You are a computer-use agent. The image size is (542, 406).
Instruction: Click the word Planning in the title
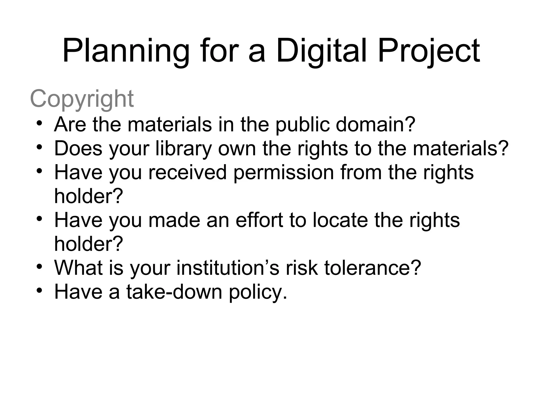point(126,52)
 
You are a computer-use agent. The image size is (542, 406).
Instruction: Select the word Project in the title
point(429,52)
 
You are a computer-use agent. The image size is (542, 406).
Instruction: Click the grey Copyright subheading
point(82,99)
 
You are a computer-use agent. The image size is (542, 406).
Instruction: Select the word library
point(184,149)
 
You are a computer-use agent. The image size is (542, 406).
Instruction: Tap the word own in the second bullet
point(237,149)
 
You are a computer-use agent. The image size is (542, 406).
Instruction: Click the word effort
point(259,220)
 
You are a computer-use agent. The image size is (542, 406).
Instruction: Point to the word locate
point(340,220)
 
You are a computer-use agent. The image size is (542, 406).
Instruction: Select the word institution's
point(228,268)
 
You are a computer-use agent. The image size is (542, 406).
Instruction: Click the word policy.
point(258,292)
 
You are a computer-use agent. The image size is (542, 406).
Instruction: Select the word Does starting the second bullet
point(78,149)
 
